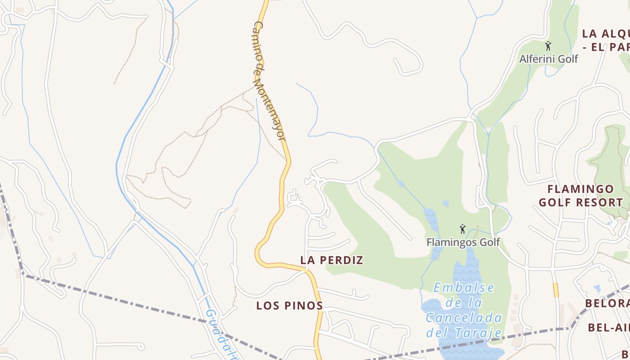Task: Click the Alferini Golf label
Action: (549, 59)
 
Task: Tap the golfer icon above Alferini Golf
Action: (548, 46)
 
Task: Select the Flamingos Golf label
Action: (463, 242)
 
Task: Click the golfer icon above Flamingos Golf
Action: (462, 229)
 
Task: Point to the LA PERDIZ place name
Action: (332, 260)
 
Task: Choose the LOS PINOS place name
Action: (289, 306)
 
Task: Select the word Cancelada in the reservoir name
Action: (464, 318)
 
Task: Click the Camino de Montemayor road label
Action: (269, 81)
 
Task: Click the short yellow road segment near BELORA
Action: (556, 290)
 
